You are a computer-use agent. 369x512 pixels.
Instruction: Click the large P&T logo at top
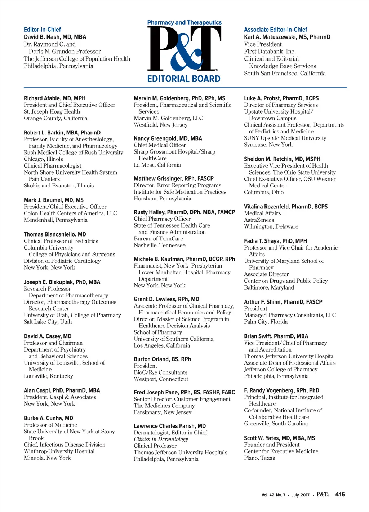(x=184, y=49)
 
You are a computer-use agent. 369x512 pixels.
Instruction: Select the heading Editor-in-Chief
(x=42, y=30)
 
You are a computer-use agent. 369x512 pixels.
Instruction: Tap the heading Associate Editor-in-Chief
(x=275, y=30)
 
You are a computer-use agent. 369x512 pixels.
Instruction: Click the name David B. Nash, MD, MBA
(x=55, y=37)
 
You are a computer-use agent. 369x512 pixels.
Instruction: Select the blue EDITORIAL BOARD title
(x=184, y=79)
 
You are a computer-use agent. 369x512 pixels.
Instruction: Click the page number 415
(x=340, y=494)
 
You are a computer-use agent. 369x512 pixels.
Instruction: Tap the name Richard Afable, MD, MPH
(x=54, y=98)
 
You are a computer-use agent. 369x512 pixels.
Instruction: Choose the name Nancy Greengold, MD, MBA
(x=168, y=138)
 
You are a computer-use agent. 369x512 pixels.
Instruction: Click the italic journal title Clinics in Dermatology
(x=161, y=439)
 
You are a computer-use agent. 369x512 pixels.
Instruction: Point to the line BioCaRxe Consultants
(x=160, y=372)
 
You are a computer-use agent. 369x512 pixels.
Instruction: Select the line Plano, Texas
(x=259, y=458)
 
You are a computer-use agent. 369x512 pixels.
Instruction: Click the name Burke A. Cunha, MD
(x=48, y=418)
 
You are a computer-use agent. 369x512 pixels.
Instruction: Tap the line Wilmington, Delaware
(x=271, y=226)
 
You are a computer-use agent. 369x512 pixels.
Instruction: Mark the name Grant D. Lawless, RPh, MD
(x=166, y=299)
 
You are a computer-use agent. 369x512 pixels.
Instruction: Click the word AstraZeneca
(x=259, y=220)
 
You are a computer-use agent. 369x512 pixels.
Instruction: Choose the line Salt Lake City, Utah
(x=48, y=322)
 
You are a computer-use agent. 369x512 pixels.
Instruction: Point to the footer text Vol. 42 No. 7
(x=273, y=495)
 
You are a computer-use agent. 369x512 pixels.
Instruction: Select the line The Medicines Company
(x=159, y=406)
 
